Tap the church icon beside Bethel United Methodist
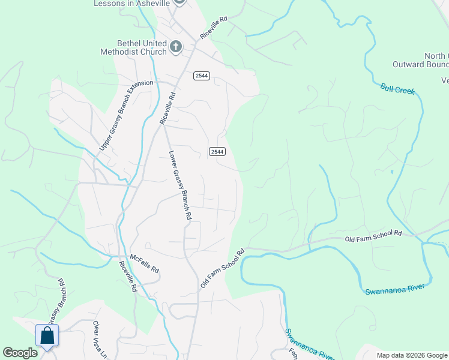pyautogui.click(x=176, y=46)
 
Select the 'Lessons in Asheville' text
pyautogui.click(x=131, y=4)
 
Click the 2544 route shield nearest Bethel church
pyautogui.click(x=202, y=75)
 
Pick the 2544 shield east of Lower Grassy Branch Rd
pyautogui.click(x=217, y=152)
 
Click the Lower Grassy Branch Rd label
pyautogui.click(x=180, y=184)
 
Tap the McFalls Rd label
pyautogui.click(x=144, y=262)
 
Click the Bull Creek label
pyautogui.click(x=397, y=89)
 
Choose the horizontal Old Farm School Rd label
pyautogui.click(x=373, y=238)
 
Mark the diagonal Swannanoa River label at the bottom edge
pyautogui.click(x=306, y=344)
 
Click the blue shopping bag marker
pyautogui.click(x=47, y=337)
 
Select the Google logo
pyautogui.click(x=20, y=353)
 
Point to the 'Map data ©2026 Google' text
pyautogui.click(x=412, y=355)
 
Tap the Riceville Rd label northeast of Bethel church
pyautogui.click(x=214, y=28)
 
